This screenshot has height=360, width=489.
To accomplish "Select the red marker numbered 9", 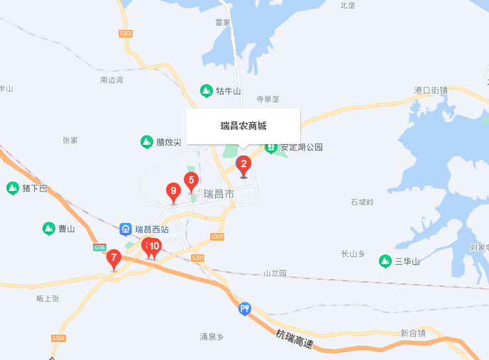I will [x=172, y=191].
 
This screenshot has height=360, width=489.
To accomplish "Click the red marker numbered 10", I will [x=155, y=246].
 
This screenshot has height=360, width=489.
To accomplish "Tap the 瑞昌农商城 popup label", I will [x=243, y=126].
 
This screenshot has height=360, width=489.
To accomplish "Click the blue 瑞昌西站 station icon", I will [x=126, y=229].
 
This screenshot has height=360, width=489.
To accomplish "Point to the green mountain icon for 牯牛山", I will [x=206, y=91].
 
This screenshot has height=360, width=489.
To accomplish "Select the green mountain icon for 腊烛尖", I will [x=146, y=142].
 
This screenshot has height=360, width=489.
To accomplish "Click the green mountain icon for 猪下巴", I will [x=12, y=188].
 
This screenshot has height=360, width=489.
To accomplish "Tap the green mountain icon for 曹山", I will [x=48, y=229].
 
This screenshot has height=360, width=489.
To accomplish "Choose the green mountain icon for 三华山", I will [x=385, y=261].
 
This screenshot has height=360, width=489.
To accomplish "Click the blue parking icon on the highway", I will [x=245, y=308].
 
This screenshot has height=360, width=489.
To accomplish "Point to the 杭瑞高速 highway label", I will [x=295, y=341].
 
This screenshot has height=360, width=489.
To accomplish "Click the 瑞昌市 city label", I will [x=219, y=194].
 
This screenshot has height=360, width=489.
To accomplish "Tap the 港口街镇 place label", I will [x=431, y=91].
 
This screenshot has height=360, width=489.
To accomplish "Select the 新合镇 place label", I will [x=412, y=333].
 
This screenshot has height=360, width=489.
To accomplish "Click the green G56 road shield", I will [x=99, y=247].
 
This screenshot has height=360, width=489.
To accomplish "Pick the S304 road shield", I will [x=58, y=338].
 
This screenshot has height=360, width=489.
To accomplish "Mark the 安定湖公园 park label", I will [x=302, y=148].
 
